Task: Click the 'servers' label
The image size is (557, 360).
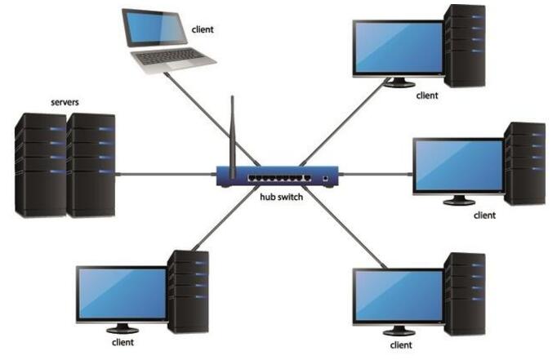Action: (x=66, y=104)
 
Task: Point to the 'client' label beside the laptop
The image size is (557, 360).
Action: (x=203, y=29)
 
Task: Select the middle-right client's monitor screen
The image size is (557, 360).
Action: (x=457, y=165)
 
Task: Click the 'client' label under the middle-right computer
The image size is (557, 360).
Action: (x=485, y=216)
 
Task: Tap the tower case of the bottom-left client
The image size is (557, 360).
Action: (x=188, y=291)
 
